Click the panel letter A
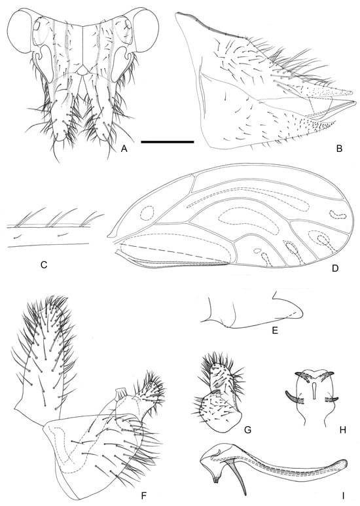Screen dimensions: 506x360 124,149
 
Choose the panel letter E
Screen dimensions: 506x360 275,331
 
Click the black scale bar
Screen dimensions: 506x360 167,141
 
